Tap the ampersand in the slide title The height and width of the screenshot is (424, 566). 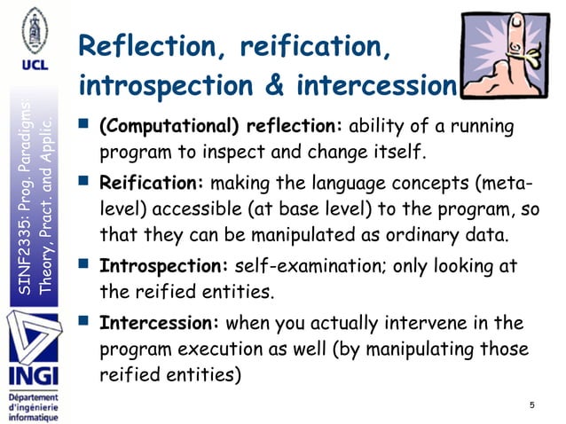click(279, 87)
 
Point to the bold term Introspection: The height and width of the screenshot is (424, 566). click(164, 265)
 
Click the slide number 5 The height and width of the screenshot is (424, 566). click(531, 405)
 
